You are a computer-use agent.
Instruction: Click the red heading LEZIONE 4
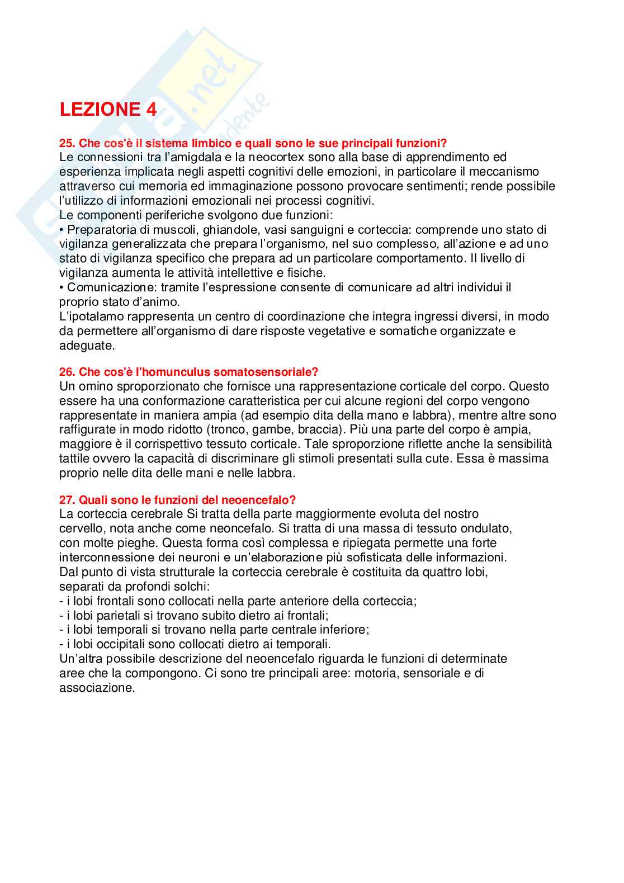coord(108,109)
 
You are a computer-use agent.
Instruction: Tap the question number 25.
coord(67,143)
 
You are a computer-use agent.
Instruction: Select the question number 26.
coord(67,372)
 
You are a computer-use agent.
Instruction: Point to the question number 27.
coord(67,500)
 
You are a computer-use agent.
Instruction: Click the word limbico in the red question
coord(215,143)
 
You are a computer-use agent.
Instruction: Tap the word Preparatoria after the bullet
coord(102,229)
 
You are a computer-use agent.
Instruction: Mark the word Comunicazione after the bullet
coord(111,287)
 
